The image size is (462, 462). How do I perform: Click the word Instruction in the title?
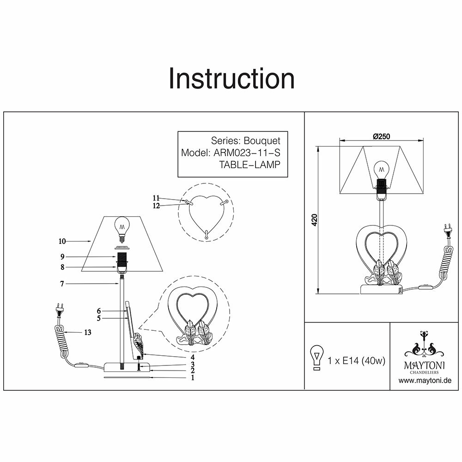pyautogui.click(x=231, y=79)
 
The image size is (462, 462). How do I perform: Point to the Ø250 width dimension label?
pyautogui.click(x=381, y=136)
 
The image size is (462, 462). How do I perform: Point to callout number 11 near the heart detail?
pyautogui.click(x=156, y=198)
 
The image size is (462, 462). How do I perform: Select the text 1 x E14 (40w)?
pyautogui.click(x=356, y=360)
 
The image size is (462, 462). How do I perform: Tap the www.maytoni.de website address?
pyautogui.click(x=425, y=381)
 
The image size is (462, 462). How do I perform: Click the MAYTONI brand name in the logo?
pyautogui.click(x=425, y=365)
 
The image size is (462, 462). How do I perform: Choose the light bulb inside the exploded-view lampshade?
pyautogui.click(x=122, y=229)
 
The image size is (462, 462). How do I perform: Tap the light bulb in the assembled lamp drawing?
pyautogui.click(x=381, y=169)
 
